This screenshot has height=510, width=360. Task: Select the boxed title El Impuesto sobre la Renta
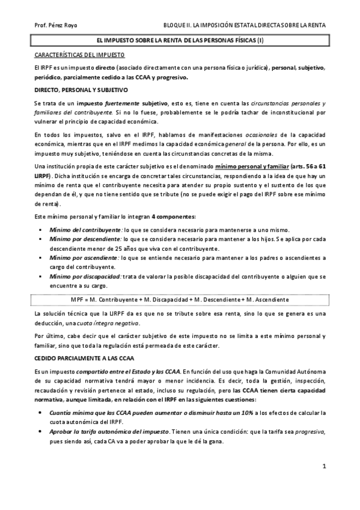click(x=180, y=40)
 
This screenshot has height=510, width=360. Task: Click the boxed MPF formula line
click(x=180, y=299)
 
